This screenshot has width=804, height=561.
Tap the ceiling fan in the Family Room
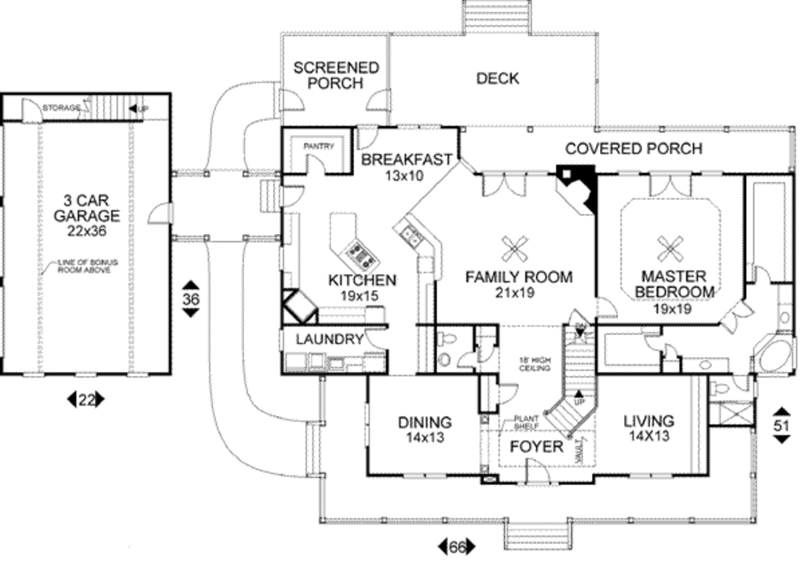(x=515, y=250)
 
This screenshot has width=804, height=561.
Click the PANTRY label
(x=319, y=146)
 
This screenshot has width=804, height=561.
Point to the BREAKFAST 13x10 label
(x=406, y=167)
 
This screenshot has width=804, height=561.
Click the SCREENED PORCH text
(x=336, y=75)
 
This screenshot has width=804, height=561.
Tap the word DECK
(x=497, y=78)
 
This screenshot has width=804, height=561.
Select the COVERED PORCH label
(x=634, y=148)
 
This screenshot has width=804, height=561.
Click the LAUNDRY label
(x=330, y=340)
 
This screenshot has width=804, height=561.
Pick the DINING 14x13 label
(x=424, y=429)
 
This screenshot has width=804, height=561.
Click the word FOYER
(x=537, y=447)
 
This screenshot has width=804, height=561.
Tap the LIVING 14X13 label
(x=648, y=429)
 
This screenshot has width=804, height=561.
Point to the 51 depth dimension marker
(x=781, y=424)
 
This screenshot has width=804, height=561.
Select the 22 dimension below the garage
(x=86, y=400)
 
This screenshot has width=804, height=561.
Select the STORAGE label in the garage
(x=61, y=107)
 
